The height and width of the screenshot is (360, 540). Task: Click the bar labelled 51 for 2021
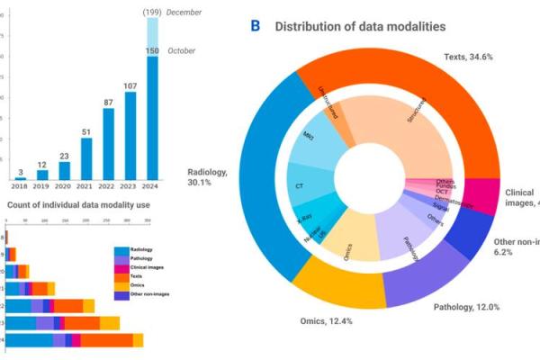[x=86, y=157]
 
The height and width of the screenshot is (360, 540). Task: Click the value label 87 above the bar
[x=108, y=103]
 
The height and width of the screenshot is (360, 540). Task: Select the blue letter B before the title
[x=256, y=26]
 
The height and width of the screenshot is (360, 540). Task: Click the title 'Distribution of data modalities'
[x=360, y=26]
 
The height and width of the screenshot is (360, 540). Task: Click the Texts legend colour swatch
[x=120, y=276]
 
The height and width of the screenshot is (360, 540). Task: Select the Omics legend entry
[x=137, y=285]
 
